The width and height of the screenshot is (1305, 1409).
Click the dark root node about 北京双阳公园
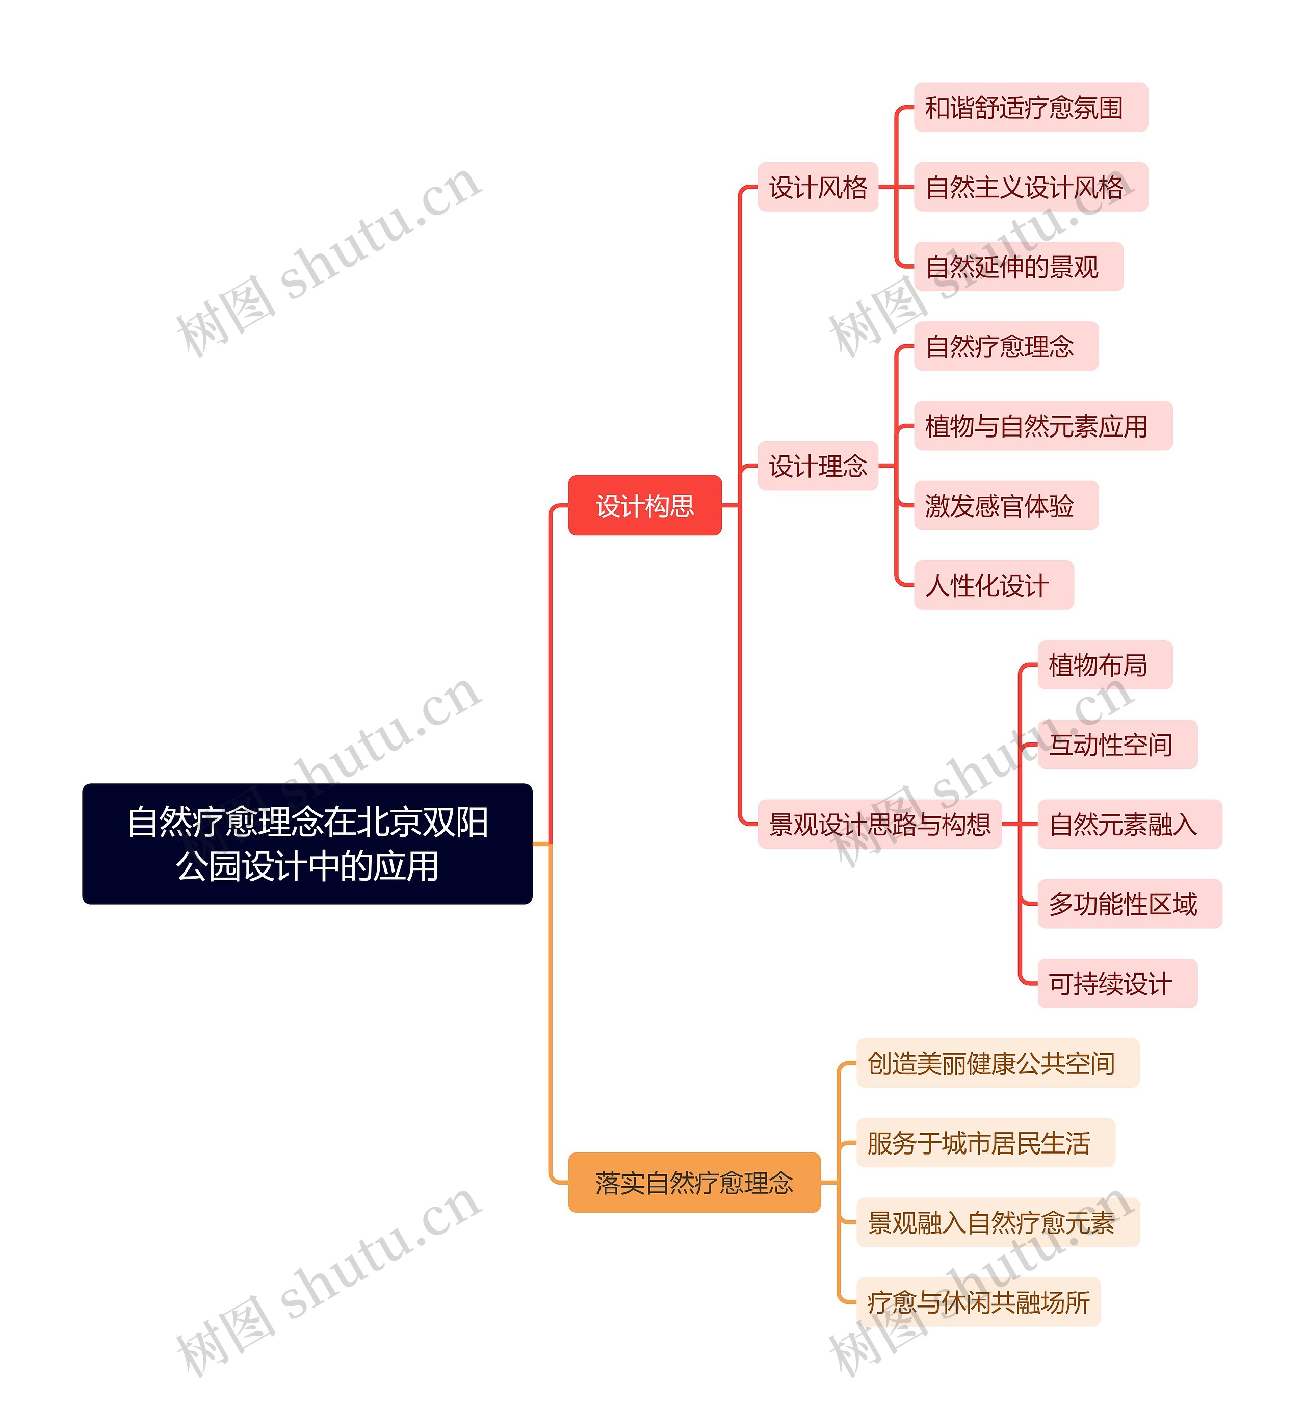(x=307, y=843)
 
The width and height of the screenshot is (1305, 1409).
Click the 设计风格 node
(x=817, y=187)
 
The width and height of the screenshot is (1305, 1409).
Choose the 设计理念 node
(x=817, y=466)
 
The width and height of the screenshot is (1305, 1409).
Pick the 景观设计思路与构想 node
(x=879, y=824)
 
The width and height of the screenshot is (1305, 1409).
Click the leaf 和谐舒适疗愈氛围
(x=1030, y=108)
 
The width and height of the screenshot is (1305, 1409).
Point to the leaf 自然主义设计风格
(x=1030, y=187)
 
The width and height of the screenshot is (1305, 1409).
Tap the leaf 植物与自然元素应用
(x=1042, y=426)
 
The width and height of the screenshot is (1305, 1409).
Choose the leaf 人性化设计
(x=993, y=585)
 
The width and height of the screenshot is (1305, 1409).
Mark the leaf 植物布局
(x=1105, y=664)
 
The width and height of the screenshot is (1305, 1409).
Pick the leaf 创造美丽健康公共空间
(x=997, y=1063)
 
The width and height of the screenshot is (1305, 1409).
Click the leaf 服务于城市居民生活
(x=985, y=1143)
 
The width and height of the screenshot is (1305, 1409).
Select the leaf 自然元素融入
(x=1129, y=824)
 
